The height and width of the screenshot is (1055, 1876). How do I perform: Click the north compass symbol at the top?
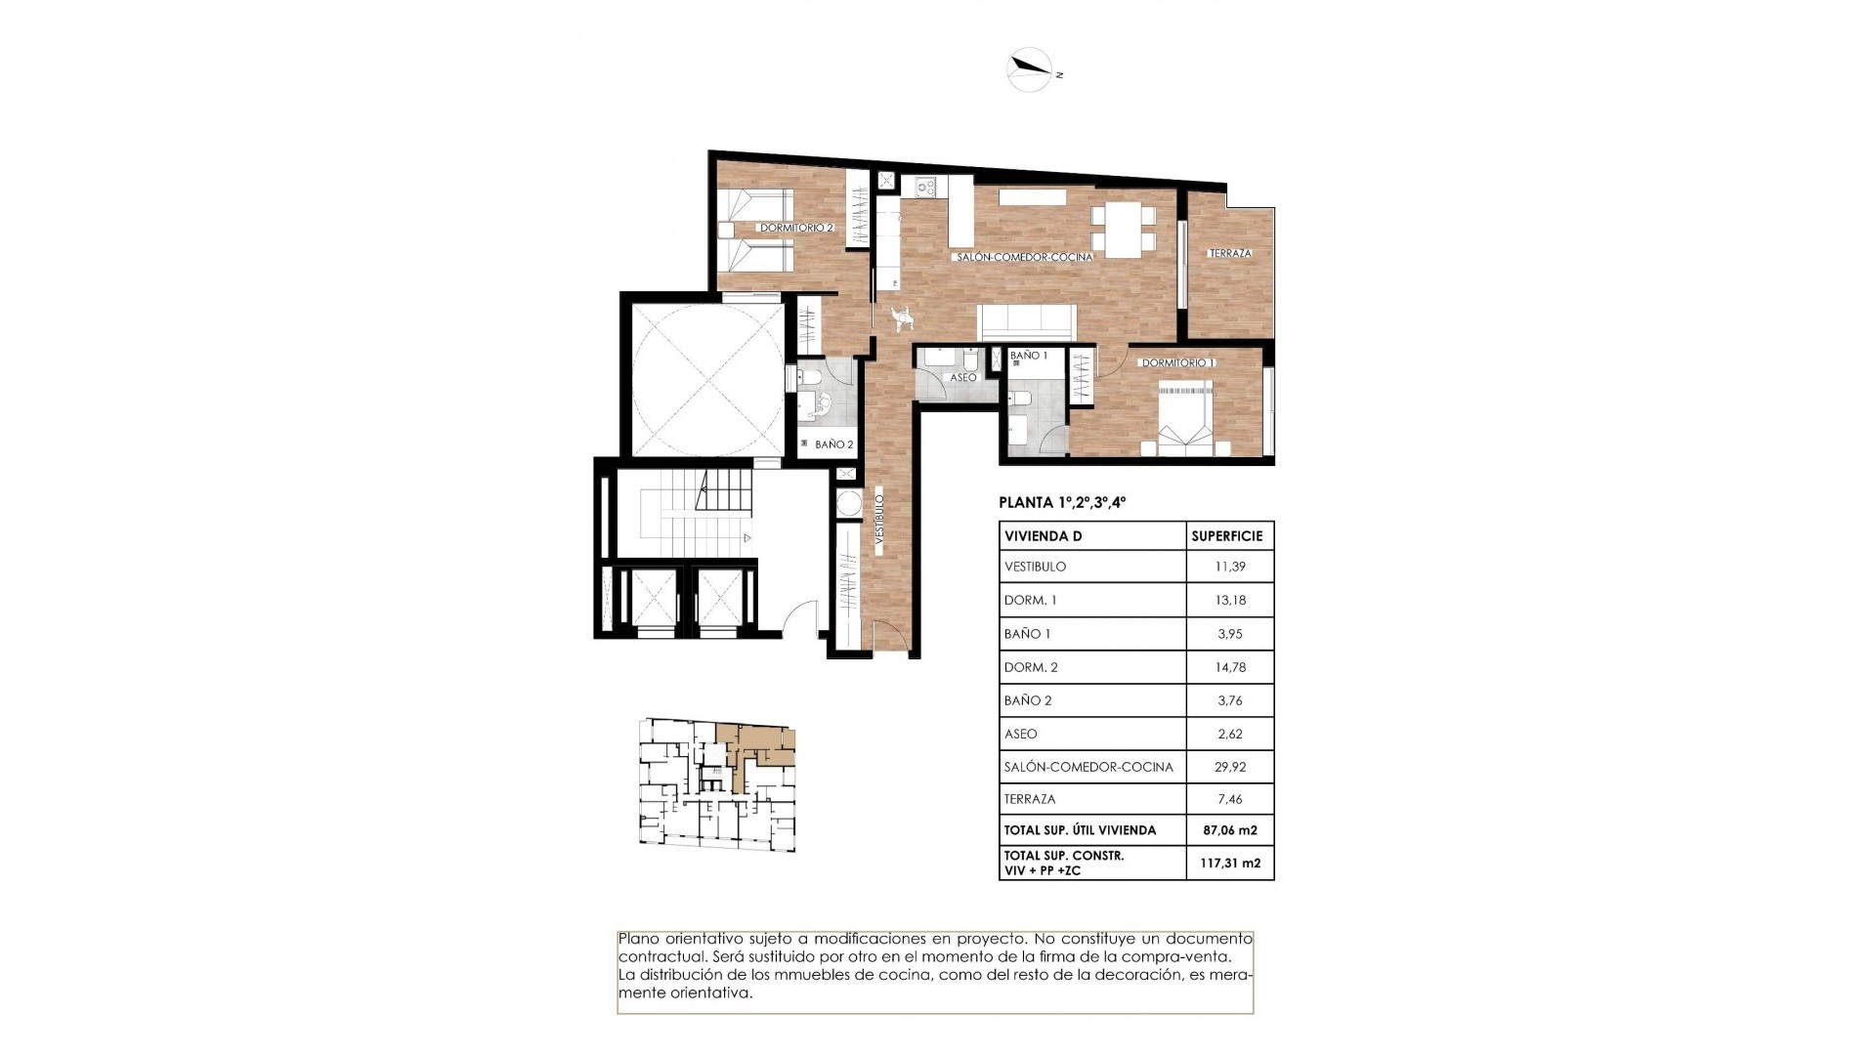(1030, 68)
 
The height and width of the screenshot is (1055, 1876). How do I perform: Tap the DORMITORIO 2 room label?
(796, 228)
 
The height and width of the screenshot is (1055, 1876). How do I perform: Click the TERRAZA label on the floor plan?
(1230, 253)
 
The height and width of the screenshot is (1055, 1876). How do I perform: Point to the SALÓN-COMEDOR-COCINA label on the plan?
(1024, 257)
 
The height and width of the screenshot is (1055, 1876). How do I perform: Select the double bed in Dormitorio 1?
(1185, 420)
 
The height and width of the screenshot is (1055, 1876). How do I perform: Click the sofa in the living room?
(1027, 321)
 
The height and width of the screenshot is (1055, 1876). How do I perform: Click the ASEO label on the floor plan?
(962, 377)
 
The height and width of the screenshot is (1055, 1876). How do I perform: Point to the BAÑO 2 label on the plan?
(833, 444)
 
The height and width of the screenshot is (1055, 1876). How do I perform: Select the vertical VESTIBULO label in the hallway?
(879, 526)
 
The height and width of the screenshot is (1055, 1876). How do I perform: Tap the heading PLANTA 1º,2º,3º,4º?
(1062, 503)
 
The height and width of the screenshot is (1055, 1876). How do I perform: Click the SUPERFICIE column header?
(1227, 536)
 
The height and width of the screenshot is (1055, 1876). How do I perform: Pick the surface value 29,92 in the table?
(1230, 767)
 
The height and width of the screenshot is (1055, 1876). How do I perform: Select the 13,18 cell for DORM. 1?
(1230, 600)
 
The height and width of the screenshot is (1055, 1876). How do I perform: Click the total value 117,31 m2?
(1230, 863)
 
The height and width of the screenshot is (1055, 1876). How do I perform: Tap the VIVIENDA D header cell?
(1043, 536)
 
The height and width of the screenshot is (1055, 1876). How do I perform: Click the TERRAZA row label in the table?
(1030, 799)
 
